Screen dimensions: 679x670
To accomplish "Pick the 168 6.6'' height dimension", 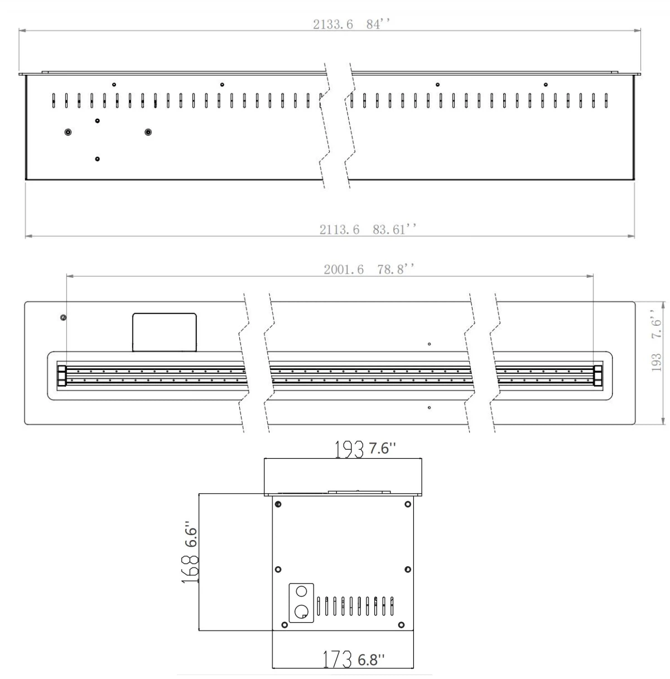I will click(190, 558).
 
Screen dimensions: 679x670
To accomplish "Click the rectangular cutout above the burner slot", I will click(164, 333).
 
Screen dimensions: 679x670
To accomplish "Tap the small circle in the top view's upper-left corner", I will click(63, 317).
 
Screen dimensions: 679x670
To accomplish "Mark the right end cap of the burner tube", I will click(598, 375).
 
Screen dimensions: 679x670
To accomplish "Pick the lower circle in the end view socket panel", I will click(301, 612).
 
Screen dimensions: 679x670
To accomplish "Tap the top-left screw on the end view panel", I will click(278, 504).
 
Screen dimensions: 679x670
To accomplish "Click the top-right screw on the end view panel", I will click(408, 504).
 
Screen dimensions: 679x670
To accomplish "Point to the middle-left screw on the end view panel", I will click(278, 569).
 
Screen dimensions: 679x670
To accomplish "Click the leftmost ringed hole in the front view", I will click(68, 132).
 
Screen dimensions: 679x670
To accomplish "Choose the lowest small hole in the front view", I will click(98, 159).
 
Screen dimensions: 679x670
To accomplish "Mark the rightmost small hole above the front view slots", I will click(546, 85).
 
